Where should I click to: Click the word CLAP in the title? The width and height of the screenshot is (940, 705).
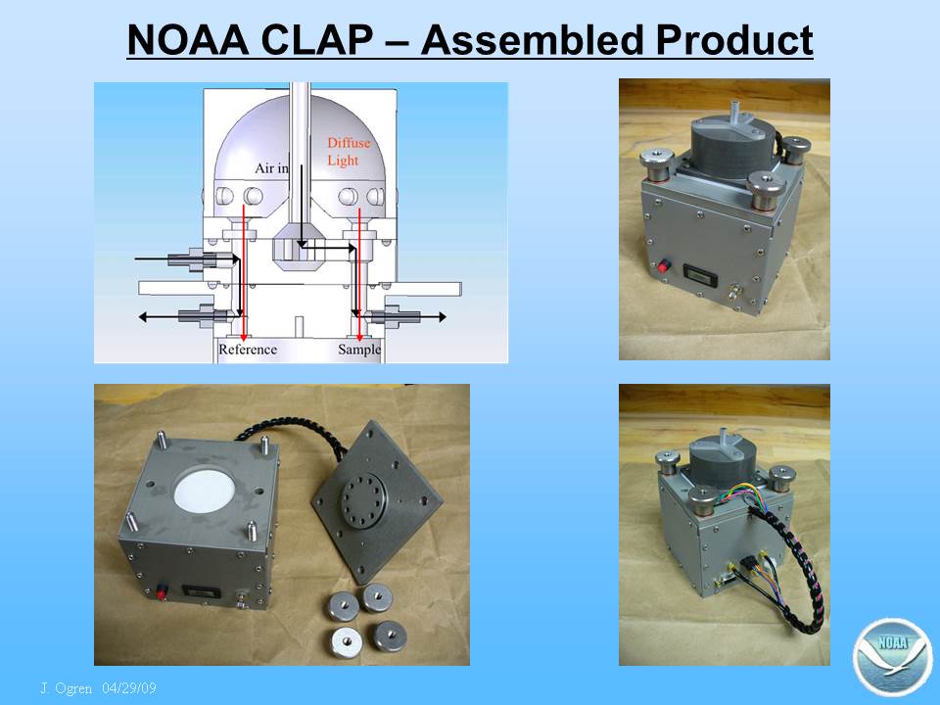pyautogui.click(x=316, y=40)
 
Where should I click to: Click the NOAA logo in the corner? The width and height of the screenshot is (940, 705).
pyautogui.click(x=893, y=657)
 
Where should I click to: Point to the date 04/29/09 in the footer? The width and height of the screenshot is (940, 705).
pyautogui.click(x=129, y=687)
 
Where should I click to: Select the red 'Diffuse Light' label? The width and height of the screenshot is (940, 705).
pyautogui.click(x=349, y=152)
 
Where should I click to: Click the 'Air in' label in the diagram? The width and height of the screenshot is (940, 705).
pyautogui.click(x=271, y=168)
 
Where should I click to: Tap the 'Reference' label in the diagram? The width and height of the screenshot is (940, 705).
pyautogui.click(x=248, y=350)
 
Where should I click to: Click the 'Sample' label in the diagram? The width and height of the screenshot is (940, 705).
pyautogui.click(x=359, y=350)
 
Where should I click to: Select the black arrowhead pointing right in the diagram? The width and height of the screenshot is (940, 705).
pyautogui.click(x=442, y=317)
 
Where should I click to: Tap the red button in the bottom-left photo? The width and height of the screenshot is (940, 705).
pyautogui.click(x=161, y=594)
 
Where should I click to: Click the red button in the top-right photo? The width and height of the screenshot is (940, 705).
pyautogui.click(x=663, y=266)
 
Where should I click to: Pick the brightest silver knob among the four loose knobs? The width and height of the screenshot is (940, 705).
pyautogui.click(x=344, y=641)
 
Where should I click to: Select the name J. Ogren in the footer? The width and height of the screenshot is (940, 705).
pyautogui.click(x=67, y=687)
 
